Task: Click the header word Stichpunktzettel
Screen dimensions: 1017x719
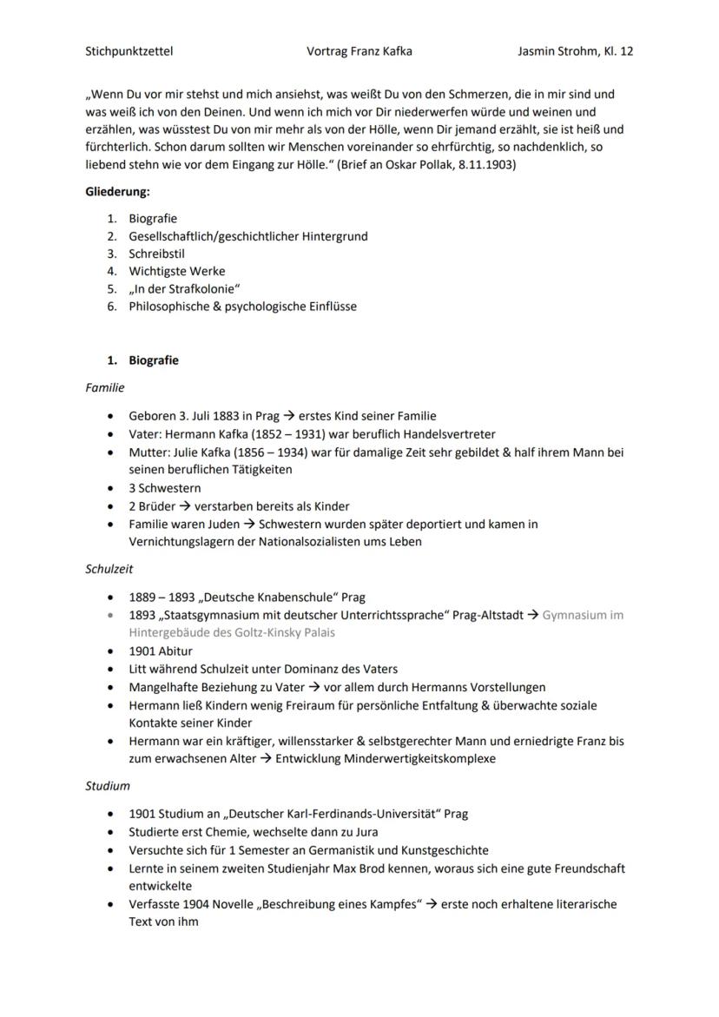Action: coord(129,51)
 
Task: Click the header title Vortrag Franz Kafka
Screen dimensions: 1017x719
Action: coord(359,51)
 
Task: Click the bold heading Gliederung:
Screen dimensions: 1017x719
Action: coord(117,192)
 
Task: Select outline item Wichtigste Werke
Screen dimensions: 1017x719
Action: coord(176,271)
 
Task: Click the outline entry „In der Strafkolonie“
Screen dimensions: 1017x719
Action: coord(184,288)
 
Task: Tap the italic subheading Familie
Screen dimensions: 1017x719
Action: coord(105,387)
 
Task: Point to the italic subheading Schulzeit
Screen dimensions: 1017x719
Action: coord(109,569)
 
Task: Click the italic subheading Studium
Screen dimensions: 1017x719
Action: coord(108,786)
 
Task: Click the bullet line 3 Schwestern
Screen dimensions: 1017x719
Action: coord(165,488)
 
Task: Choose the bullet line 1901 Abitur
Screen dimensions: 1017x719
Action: coord(161,650)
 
